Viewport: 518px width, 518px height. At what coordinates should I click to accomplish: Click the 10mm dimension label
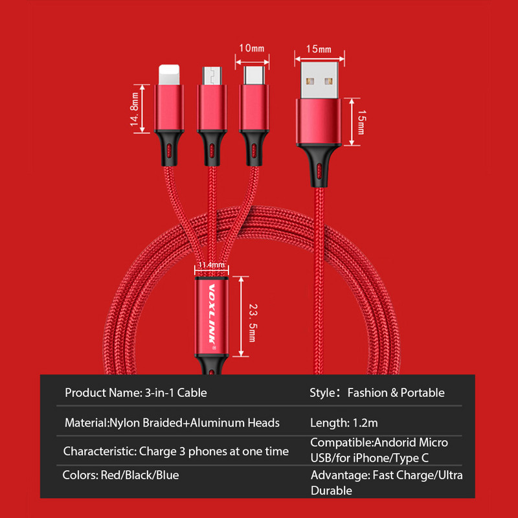point(252,49)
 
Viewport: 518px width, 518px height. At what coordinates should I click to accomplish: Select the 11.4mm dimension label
point(211,265)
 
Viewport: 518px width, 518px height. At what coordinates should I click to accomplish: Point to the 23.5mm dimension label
point(252,317)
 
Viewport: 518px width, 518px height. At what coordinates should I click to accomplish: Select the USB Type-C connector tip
point(251,75)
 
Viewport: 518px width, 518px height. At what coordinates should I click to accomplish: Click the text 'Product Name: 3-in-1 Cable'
point(136,392)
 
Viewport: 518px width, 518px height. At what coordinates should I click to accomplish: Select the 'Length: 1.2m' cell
point(344,423)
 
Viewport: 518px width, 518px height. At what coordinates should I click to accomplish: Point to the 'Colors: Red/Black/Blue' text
point(120,475)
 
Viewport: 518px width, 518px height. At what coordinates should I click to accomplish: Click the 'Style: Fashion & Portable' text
point(377,392)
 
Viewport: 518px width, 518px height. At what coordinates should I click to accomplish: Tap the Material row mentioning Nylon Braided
point(172,423)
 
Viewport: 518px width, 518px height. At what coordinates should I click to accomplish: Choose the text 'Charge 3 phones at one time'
point(214,451)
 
